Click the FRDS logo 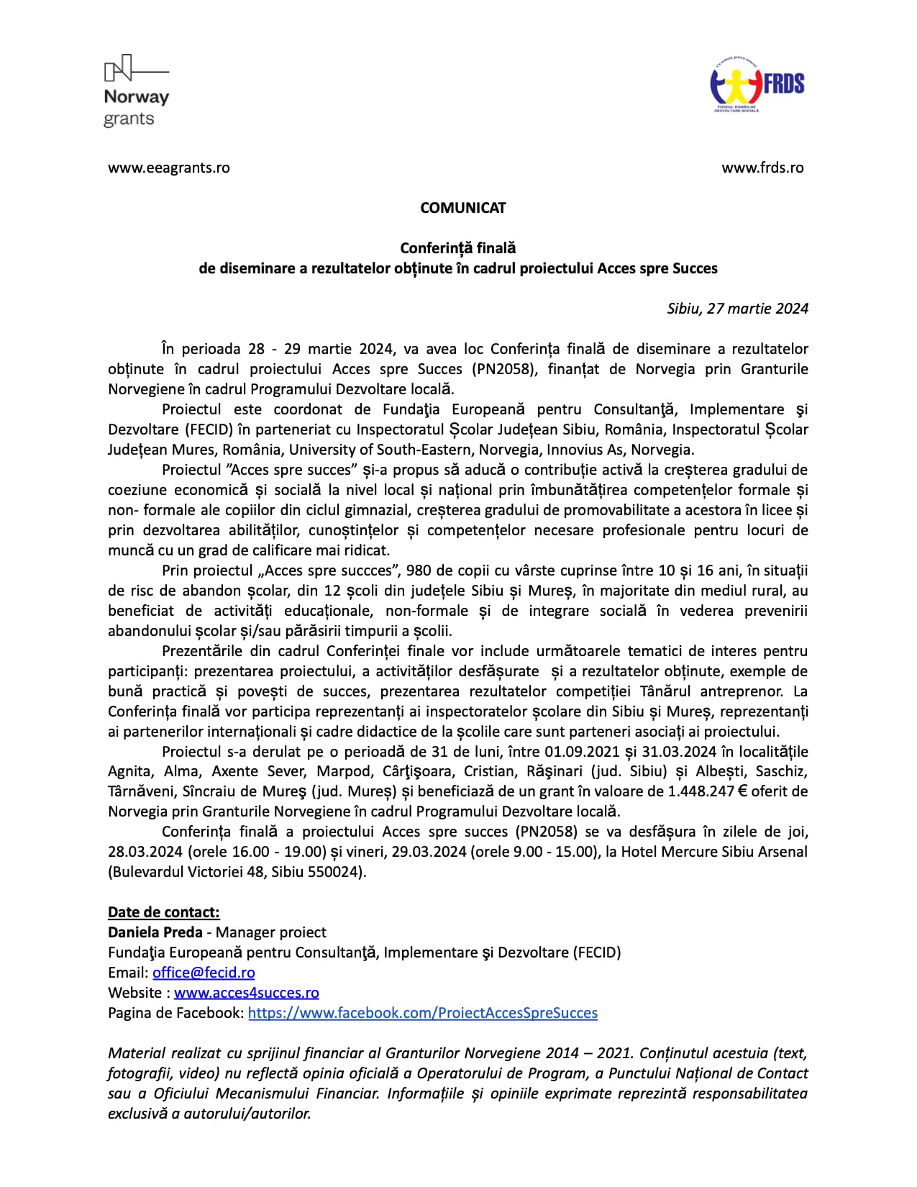click(x=757, y=85)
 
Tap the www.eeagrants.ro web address click(x=169, y=168)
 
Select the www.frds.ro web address click(x=762, y=168)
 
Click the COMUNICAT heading click(x=463, y=208)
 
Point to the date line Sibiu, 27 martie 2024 click(x=737, y=309)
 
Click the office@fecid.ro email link click(x=204, y=973)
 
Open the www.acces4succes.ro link click(x=247, y=993)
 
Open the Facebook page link click(x=423, y=1013)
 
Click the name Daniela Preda click(x=155, y=932)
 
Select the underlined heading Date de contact click(x=163, y=912)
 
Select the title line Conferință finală click(x=458, y=248)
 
